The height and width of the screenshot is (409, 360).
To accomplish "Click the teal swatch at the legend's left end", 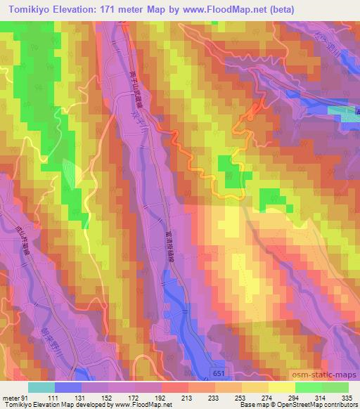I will [41, 387].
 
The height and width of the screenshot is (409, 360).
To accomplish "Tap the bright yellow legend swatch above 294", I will [281, 387].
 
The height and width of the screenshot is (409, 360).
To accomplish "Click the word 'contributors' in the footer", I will [342, 405].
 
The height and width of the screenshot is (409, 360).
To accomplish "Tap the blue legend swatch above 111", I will [68, 387].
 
